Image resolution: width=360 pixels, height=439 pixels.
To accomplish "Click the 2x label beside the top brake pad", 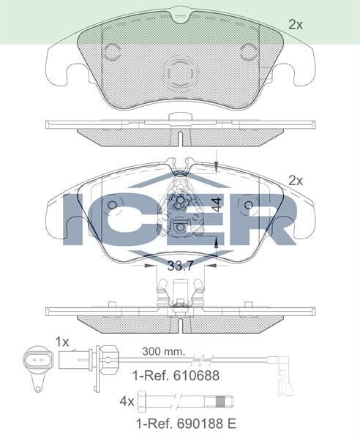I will [x=295, y=25].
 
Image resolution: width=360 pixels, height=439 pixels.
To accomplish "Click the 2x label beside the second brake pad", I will [x=295, y=180].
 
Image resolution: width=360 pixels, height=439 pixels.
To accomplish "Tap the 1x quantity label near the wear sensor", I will [x=62, y=342].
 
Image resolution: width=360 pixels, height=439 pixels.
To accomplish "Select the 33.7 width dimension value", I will [x=181, y=266].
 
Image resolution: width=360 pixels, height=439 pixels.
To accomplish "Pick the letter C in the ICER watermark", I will [x=128, y=219].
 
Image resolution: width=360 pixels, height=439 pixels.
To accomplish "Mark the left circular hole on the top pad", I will [x=112, y=51].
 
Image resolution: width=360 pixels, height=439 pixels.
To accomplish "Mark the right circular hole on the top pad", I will [x=249, y=51].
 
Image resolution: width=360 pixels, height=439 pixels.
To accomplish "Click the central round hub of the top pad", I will [x=180, y=72].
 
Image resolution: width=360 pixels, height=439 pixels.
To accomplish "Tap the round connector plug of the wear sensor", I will [x=32, y=361].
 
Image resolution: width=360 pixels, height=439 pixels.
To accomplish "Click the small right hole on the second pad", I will [x=250, y=205].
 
